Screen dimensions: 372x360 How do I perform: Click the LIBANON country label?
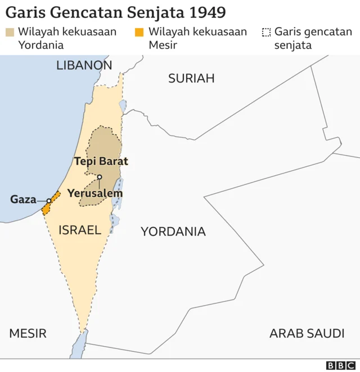84,65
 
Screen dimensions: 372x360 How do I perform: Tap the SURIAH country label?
191,78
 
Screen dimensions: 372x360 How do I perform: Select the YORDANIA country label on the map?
173,232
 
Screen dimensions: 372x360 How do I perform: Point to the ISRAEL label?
80,230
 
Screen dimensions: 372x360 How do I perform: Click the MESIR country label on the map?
28,333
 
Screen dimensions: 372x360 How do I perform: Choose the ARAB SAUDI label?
307,333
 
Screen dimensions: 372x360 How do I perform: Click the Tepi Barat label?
101,161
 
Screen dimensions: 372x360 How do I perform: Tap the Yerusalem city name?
94,193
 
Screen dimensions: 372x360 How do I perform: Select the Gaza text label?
22,199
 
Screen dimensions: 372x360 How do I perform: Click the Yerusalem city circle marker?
99,177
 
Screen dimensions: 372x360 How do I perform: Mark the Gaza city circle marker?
49,200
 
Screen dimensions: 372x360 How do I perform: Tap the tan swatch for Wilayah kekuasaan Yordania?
10,32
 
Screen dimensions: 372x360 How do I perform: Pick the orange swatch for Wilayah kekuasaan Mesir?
139,32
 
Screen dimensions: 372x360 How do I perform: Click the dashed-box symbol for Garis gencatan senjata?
266,32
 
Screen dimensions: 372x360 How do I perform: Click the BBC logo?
340,365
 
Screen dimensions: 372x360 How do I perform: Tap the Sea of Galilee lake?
123,106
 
